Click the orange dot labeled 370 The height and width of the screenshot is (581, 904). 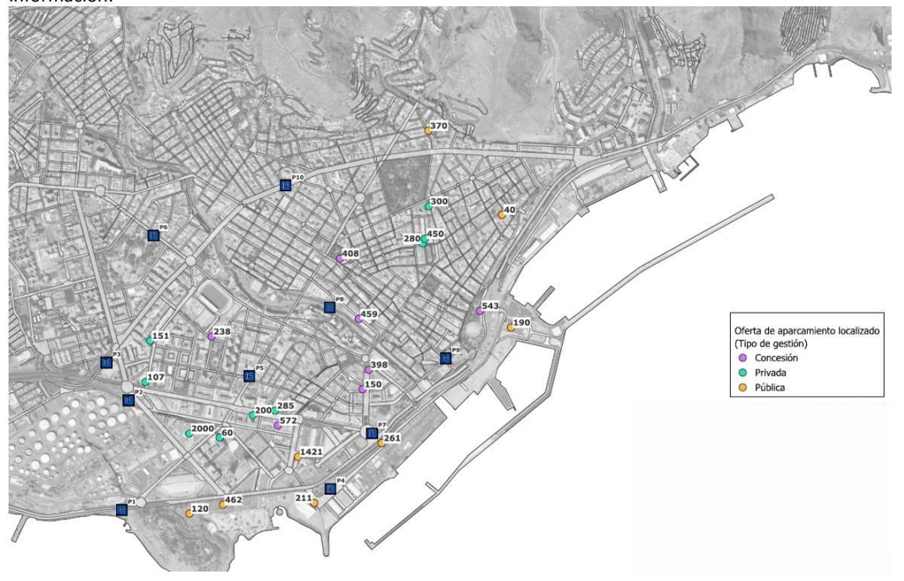click(428, 130)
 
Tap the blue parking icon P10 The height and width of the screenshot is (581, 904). click(285, 185)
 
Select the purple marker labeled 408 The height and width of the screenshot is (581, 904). click(339, 258)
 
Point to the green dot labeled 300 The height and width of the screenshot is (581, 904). click(428, 206)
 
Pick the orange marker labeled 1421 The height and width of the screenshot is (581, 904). click(298, 457)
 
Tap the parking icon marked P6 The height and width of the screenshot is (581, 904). click(153, 236)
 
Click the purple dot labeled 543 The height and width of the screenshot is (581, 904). click(479, 310)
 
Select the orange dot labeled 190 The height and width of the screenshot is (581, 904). click(511, 327)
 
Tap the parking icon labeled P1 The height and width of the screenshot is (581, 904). click(122, 510)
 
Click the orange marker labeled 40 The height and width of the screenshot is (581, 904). click(502, 214)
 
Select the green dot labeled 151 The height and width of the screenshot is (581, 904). click(150, 341)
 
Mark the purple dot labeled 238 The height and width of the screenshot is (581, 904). click(211, 336)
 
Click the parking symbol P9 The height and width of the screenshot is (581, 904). click(446, 358)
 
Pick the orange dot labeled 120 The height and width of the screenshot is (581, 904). click(188, 513)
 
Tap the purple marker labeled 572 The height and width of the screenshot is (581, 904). click(277, 425)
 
